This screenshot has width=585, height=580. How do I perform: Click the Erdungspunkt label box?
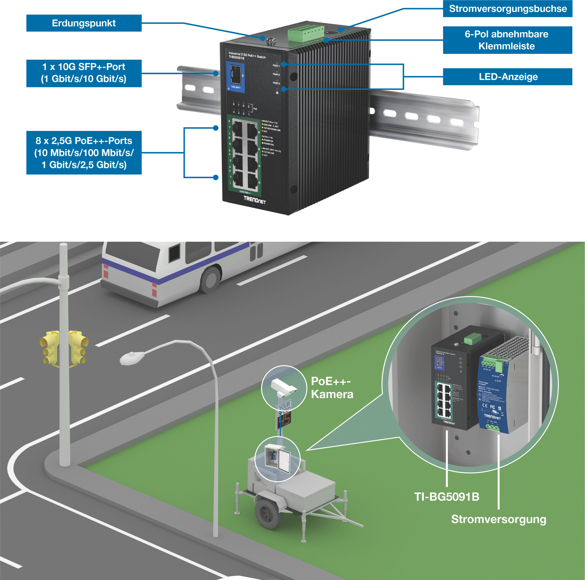(84, 23)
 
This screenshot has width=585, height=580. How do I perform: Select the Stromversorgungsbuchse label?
(507, 9)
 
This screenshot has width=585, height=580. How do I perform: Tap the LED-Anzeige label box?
(507, 77)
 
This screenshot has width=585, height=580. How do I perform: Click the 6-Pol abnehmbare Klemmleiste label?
(507, 40)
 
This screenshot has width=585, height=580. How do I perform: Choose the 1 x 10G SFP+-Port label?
(84, 73)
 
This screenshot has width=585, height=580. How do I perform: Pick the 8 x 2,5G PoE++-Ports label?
(84, 153)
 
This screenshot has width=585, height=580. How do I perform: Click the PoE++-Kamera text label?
(332, 388)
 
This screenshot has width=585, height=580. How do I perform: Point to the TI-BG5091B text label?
(447, 497)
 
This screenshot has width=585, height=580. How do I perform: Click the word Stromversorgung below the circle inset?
(498, 519)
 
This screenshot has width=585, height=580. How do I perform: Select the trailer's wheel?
(269, 514)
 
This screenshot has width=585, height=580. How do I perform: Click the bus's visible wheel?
(211, 279)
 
